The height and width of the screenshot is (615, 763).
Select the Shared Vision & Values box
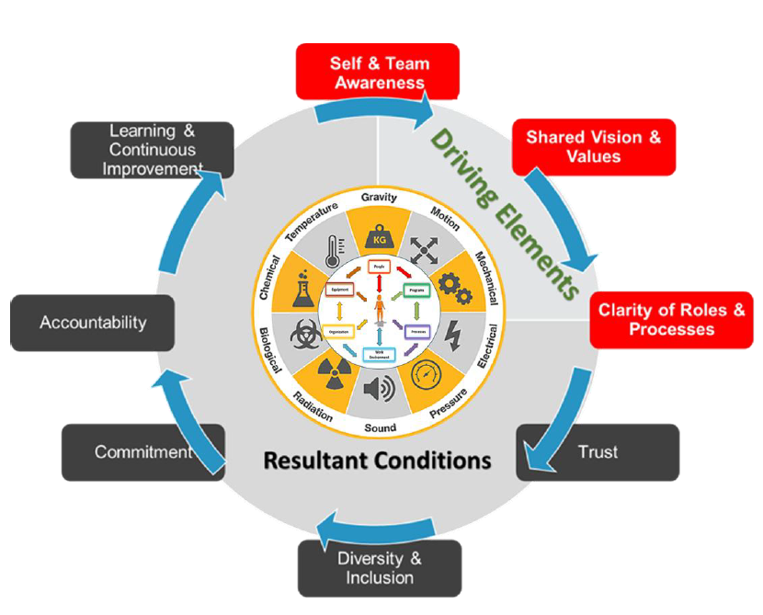(x=593, y=146)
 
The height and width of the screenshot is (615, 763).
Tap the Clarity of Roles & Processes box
(x=671, y=319)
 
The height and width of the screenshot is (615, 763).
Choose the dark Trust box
(x=598, y=452)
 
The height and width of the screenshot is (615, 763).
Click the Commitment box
(x=143, y=451)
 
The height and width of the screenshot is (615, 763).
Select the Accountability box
(x=93, y=323)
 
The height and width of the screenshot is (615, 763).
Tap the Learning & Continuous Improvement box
(x=152, y=150)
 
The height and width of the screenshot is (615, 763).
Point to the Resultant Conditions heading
(x=377, y=459)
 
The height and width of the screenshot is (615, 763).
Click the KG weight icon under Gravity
(x=379, y=235)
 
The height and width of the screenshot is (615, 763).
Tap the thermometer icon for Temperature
(x=334, y=251)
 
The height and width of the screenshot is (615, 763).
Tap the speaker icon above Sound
(x=379, y=390)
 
